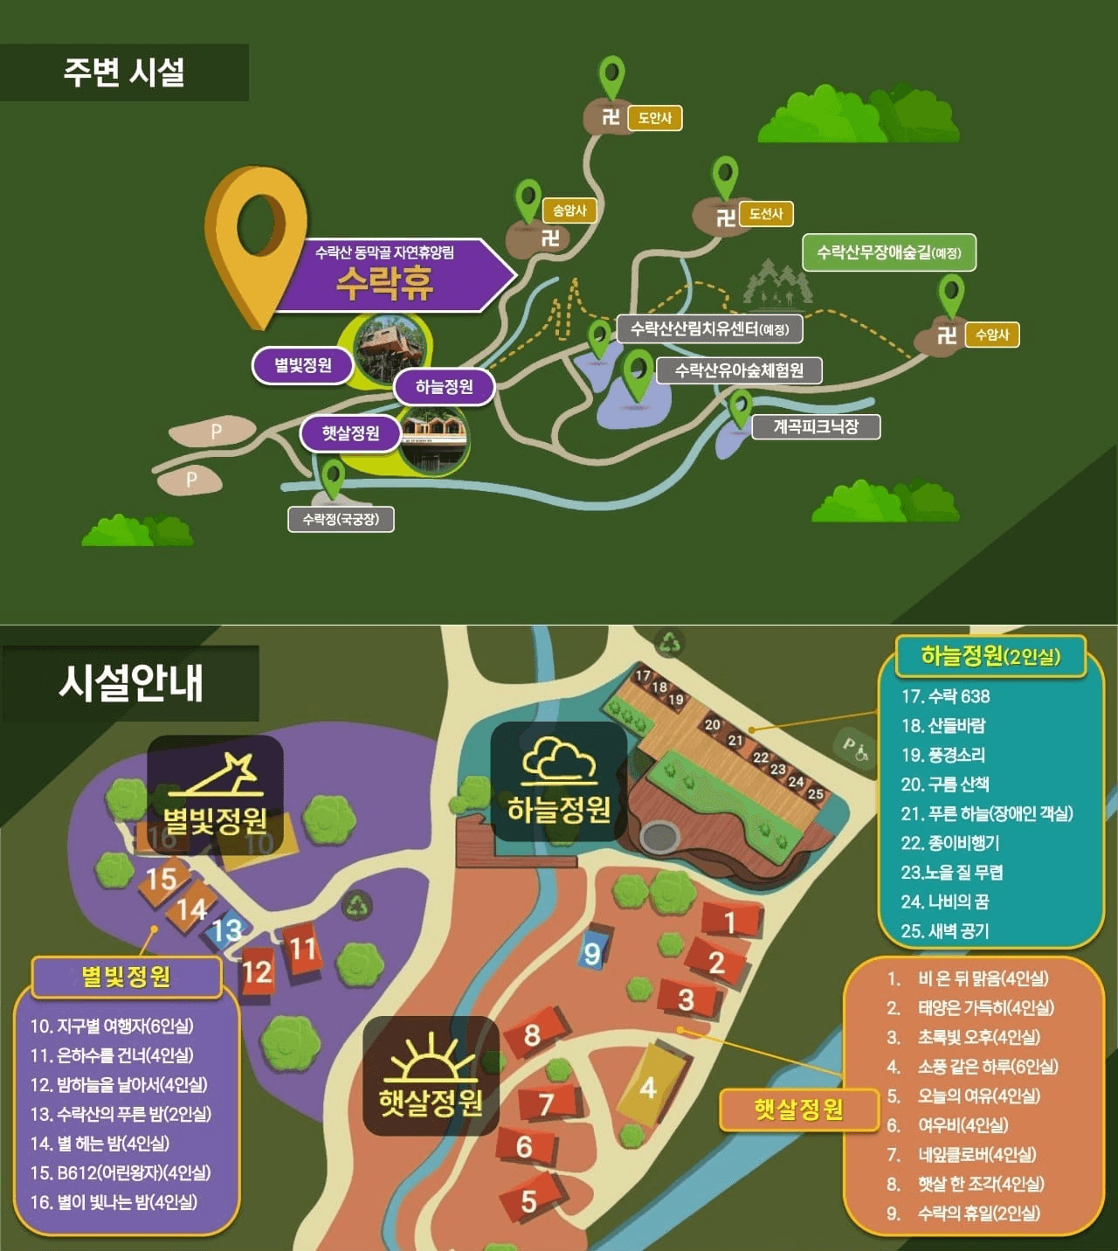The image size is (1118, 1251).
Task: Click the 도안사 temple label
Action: (654, 118)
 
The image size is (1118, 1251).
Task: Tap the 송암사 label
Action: (569, 211)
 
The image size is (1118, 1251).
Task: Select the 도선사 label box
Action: (766, 214)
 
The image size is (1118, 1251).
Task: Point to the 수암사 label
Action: (992, 335)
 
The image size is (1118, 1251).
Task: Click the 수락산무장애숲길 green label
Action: (888, 252)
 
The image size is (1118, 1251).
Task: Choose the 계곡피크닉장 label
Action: (816, 426)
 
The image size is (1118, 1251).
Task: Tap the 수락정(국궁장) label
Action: (341, 519)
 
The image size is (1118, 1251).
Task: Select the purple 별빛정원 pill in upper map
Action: (302, 365)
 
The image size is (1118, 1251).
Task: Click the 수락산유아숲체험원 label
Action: (739, 370)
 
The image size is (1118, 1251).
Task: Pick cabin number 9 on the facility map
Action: (592, 951)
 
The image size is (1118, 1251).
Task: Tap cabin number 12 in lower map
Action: (257, 971)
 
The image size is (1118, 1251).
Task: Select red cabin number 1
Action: (730, 922)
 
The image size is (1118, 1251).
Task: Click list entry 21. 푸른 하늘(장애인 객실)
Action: (986, 813)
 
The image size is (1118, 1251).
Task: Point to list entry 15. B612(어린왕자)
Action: (121, 1172)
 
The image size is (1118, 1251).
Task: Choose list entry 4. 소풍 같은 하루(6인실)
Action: (972, 1067)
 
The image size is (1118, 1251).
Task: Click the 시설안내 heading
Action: (131, 682)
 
